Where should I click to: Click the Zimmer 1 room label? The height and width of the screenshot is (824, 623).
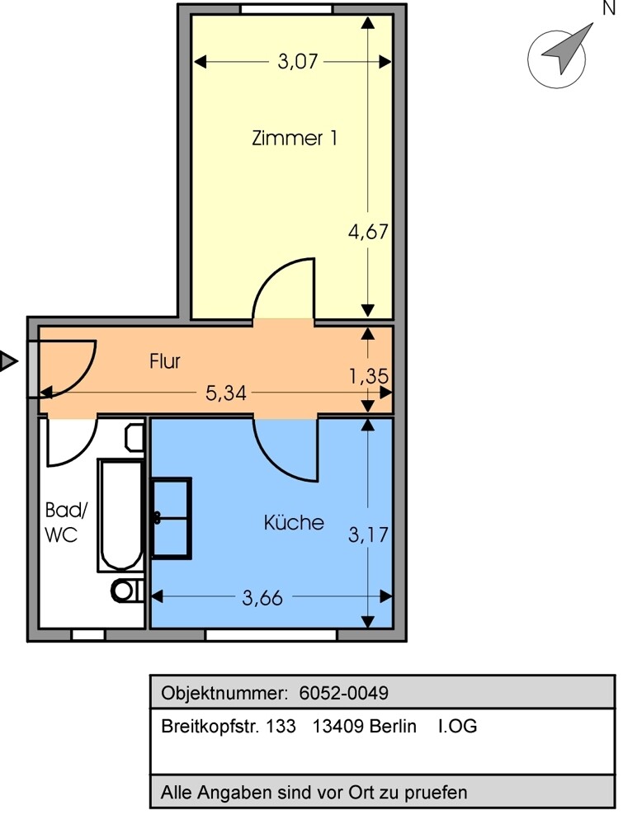(294, 139)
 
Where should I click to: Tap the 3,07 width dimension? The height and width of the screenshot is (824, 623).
(298, 62)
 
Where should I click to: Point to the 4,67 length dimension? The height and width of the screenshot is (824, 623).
(368, 231)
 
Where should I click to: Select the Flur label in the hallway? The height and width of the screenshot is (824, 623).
(164, 361)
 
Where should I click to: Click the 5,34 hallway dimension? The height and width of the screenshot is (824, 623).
(225, 393)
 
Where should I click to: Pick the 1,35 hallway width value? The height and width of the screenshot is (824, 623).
(368, 376)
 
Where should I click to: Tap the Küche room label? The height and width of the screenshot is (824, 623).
(294, 522)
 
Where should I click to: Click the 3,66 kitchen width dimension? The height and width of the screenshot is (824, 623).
(262, 597)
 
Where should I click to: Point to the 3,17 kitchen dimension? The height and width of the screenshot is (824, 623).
(368, 534)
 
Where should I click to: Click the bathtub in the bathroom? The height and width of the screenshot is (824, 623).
(121, 516)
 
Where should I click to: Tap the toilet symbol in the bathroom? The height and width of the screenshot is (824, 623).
(128, 591)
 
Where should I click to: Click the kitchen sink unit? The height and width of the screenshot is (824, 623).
(171, 518)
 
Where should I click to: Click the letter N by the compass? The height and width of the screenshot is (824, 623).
(609, 8)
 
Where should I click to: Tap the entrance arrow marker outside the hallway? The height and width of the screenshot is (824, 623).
(7, 361)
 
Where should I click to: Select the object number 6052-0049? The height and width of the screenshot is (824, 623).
(344, 693)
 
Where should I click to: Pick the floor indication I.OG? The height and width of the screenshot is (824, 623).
(457, 726)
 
